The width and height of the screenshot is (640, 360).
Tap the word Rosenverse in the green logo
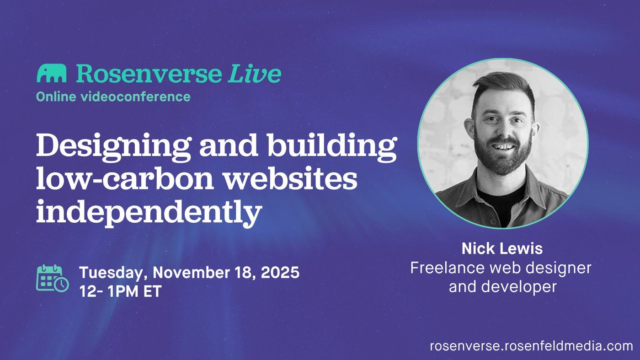(149, 73)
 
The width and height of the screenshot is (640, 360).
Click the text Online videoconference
(113, 97)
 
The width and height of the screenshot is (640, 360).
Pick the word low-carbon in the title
(125, 179)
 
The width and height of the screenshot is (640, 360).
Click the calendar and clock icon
(53, 278)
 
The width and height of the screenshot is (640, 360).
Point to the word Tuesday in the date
(111, 272)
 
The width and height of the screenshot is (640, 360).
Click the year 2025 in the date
(280, 272)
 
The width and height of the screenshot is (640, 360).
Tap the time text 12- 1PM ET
(121, 291)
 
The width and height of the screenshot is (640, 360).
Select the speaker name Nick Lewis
(502, 248)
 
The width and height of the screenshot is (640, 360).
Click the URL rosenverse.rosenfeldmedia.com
(531, 346)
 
